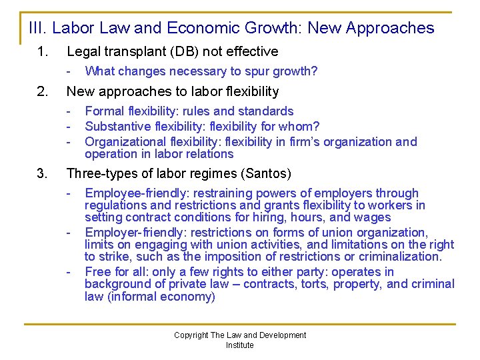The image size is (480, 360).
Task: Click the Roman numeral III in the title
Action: (x=37, y=28)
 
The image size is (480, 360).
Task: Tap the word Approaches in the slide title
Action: (x=391, y=28)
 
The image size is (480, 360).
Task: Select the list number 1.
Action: (x=42, y=51)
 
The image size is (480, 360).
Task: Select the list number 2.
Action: (x=42, y=91)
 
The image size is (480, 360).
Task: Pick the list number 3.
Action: (x=42, y=174)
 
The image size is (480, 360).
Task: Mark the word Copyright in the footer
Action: (x=191, y=335)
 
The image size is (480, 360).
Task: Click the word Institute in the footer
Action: (x=239, y=345)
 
